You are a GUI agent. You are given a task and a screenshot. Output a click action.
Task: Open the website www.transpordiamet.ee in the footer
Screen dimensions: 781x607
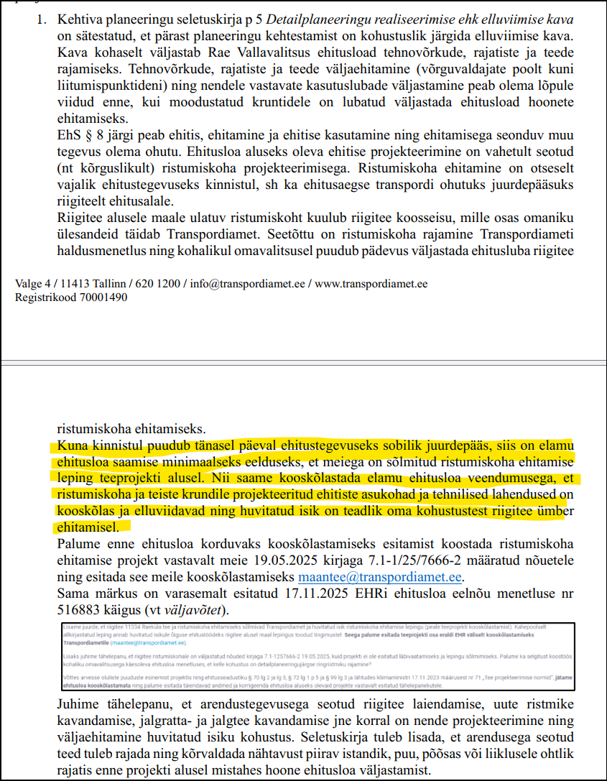pyautogui.click(x=371, y=284)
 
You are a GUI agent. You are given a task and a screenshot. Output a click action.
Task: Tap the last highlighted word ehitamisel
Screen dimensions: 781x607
pyautogui.click(x=84, y=527)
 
